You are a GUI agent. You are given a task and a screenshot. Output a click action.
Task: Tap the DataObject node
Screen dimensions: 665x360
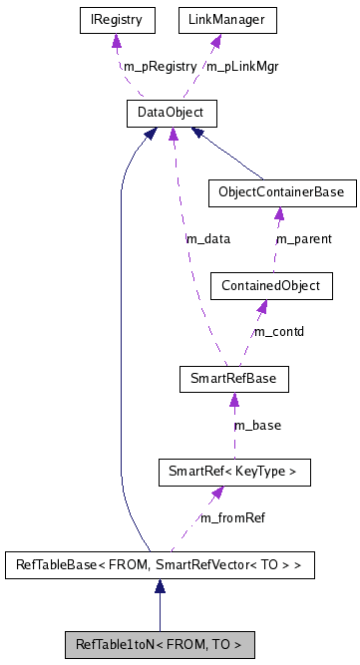coord(158,113)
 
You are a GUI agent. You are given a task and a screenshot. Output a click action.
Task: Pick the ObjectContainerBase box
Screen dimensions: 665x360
coord(280,193)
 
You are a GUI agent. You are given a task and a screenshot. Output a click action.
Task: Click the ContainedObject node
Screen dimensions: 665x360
coord(269,285)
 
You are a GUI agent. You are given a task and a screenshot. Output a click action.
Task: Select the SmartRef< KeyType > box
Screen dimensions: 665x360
coord(233,472)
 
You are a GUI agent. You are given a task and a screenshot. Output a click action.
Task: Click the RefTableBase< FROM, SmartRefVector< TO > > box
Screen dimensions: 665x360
coord(160,565)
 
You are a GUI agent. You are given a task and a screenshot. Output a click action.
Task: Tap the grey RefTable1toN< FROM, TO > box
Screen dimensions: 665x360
coord(160,644)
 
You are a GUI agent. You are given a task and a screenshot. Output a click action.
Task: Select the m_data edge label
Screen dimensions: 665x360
coord(208,239)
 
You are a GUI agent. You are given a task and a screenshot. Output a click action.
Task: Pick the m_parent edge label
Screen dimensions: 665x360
coord(304,239)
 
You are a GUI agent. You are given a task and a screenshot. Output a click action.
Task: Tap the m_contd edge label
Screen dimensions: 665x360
coord(279,331)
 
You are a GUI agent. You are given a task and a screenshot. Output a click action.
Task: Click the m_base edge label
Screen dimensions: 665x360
coord(257,425)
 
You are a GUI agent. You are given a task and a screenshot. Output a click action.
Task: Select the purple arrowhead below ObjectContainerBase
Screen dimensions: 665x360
coord(279,214)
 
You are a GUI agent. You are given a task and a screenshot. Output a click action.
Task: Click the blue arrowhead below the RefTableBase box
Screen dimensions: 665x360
coord(160,588)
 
